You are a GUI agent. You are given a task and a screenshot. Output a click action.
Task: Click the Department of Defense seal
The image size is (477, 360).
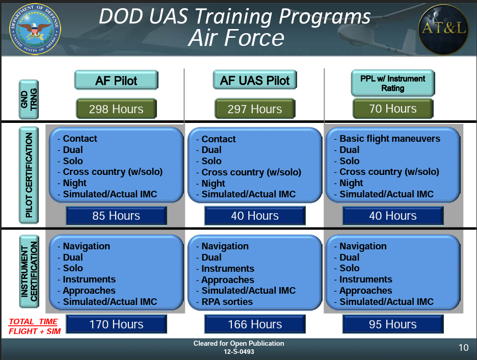click(x=35, y=29)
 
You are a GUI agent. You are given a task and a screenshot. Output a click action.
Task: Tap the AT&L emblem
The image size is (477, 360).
click(x=443, y=29)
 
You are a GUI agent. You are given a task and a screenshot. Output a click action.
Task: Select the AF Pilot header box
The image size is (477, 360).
click(x=116, y=81)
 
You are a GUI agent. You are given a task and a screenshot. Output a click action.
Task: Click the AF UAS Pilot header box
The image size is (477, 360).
click(x=255, y=81)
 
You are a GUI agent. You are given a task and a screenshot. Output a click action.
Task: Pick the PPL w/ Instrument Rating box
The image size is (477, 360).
click(x=393, y=83)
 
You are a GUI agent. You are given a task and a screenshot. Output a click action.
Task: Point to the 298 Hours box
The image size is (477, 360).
click(x=116, y=109)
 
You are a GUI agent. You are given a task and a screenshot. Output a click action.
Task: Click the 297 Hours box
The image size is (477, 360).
click(x=255, y=109)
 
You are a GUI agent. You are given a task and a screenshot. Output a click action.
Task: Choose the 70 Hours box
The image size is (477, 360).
click(x=393, y=108)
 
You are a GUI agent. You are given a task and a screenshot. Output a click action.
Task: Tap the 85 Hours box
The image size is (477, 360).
click(x=116, y=216)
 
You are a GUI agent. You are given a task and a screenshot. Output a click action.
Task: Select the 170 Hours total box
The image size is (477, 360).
click(x=116, y=324)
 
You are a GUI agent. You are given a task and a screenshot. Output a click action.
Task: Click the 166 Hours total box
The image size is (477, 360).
click(x=255, y=324)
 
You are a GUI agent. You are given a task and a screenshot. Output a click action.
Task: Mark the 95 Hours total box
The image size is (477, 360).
click(x=393, y=324)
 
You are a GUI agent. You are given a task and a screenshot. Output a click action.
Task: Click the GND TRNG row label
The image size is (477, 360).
click(x=29, y=99)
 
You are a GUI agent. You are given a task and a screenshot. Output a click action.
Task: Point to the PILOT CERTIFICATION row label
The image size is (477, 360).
click(x=29, y=175)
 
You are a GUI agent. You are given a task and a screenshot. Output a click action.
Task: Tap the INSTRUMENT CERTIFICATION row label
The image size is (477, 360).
click(x=29, y=271)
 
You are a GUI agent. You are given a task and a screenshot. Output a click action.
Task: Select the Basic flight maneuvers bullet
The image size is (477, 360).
click(x=387, y=139)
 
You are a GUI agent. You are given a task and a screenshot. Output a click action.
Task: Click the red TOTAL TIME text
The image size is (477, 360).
click(x=33, y=322)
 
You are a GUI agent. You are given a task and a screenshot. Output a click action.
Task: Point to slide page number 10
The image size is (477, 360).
click(x=463, y=348)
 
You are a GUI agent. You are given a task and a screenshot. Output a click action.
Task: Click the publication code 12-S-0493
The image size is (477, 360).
click(x=239, y=352)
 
